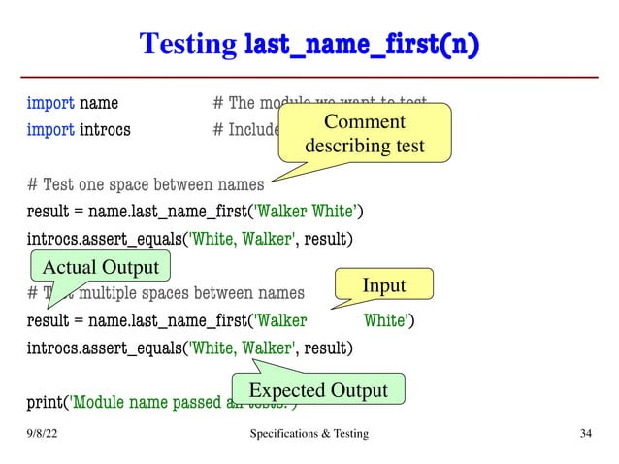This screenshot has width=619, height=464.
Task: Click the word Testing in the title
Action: [x=188, y=44]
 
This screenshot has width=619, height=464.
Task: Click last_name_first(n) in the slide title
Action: [x=362, y=44]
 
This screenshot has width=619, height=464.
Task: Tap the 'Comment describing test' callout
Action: [x=364, y=134]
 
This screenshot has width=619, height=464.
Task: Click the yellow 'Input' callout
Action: [x=383, y=284]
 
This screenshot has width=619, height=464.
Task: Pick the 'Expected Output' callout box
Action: [x=318, y=390]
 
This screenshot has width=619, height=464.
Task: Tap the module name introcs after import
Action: [x=105, y=128]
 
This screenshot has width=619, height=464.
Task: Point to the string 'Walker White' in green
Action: [x=305, y=212]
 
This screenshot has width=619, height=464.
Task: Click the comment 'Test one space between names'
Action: [x=146, y=183]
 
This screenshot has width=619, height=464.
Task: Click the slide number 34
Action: [x=585, y=433]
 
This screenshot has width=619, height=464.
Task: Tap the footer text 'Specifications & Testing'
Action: [x=309, y=433]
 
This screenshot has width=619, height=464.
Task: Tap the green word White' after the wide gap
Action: [x=385, y=320]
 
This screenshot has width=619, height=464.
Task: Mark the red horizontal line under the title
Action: [x=309, y=77]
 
